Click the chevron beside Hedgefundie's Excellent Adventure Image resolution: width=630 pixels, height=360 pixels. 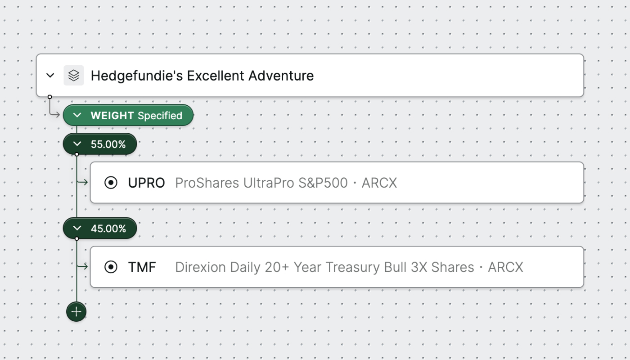50,76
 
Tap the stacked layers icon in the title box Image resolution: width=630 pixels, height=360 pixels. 74,76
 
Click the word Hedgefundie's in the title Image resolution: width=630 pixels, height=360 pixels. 137,76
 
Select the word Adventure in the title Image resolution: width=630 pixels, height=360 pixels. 281,76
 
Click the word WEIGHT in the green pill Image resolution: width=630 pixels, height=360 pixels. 112,116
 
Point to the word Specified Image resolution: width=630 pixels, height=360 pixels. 160,116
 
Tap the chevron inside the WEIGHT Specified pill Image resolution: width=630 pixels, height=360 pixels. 77,115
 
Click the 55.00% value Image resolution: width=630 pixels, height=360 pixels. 108,144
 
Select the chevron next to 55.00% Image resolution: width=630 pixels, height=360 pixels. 77,144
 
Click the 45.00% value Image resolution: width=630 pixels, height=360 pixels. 108,229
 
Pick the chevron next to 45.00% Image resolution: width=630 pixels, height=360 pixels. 77,228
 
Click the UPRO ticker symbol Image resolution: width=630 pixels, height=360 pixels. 147,183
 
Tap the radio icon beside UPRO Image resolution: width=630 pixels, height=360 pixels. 111,183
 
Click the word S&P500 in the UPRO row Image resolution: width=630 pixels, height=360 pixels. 323,183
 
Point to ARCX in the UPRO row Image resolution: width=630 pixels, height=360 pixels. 379,183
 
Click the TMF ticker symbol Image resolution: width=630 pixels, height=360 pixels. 142,267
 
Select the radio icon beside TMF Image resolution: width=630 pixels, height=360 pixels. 111,267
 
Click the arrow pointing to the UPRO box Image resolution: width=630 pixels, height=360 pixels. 82,182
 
